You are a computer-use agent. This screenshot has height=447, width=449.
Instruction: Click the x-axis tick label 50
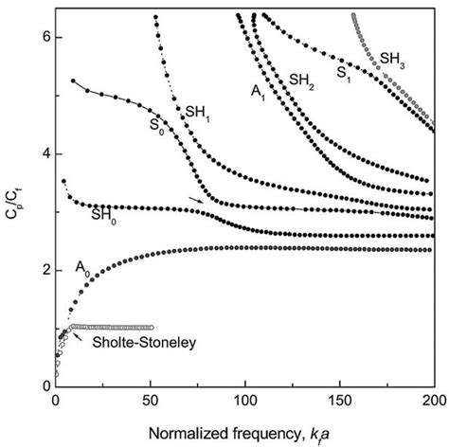151,402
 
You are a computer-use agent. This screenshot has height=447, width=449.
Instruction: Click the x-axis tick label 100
245,402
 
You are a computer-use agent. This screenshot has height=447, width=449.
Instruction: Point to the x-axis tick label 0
57,402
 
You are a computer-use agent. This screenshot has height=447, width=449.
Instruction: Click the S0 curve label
154,123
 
